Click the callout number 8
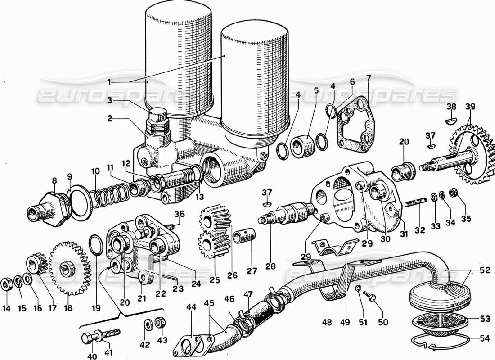pyautogui.click(x=54, y=181)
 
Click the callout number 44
pyautogui.click(x=191, y=307)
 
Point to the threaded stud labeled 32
pyautogui.click(x=416, y=203)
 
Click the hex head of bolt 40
pyautogui.click(x=87, y=338)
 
